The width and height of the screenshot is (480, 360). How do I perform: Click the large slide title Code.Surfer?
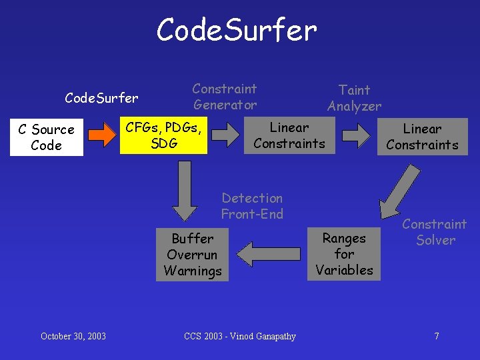pos(237,30)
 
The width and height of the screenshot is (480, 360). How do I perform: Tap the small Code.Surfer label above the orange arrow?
pos(101,99)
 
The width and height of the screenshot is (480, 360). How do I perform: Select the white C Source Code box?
pos(46,137)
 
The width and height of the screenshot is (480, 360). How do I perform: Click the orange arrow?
pos(101,136)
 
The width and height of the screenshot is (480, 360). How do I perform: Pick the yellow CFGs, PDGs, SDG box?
pos(163,135)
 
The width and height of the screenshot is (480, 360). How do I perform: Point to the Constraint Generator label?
pos(225,97)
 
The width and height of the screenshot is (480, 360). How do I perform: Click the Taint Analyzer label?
pos(354,98)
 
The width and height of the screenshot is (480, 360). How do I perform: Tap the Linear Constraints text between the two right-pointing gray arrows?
pos(289,135)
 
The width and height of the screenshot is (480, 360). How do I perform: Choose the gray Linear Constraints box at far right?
pos(422,137)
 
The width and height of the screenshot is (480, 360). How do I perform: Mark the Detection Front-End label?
pos(252,206)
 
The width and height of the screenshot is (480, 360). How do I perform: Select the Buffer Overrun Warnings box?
pos(193,255)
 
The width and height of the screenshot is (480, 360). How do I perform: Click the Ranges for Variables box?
pos(344,254)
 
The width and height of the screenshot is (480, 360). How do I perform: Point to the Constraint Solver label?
pos(435,232)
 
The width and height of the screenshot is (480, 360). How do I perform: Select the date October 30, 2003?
pos(73,336)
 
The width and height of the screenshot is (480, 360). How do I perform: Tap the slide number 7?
pos(437,336)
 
